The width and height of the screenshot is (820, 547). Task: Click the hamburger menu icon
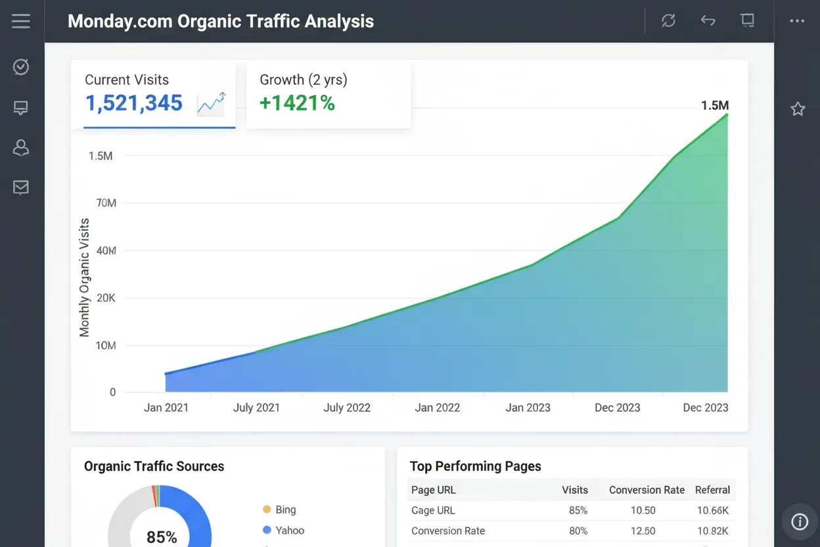click(x=21, y=21)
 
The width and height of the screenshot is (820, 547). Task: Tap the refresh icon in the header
click(x=668, y=21)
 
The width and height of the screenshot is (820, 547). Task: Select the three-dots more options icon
click(x=797, y=21)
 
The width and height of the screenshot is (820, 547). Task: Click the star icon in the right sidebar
click(x=798, y=109)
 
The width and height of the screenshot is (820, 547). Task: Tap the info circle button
click(x=800, y=522)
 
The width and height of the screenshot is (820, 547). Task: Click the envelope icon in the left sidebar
click(x=21, y=188)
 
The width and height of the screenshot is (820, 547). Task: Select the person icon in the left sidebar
click(x=21, y=147)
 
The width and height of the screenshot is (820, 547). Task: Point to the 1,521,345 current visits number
click(x=134, y=103)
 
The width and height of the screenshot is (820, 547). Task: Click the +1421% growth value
click(x=297, y=103)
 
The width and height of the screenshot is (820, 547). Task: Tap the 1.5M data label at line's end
click(x=715, y=106)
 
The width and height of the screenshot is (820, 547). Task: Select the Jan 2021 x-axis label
click(x=166, y=408)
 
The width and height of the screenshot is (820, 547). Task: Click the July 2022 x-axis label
click(x=347, y=408)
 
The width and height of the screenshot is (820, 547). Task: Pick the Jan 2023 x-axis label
click(x=528, y=408)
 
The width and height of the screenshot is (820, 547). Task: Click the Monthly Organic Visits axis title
click(x=84, y=277)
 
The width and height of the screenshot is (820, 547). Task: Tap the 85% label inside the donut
click(x=162, y=537)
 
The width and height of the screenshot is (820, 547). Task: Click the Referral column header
click(x=712, y=490)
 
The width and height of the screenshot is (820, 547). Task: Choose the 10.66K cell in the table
click(x=712, y=510)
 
